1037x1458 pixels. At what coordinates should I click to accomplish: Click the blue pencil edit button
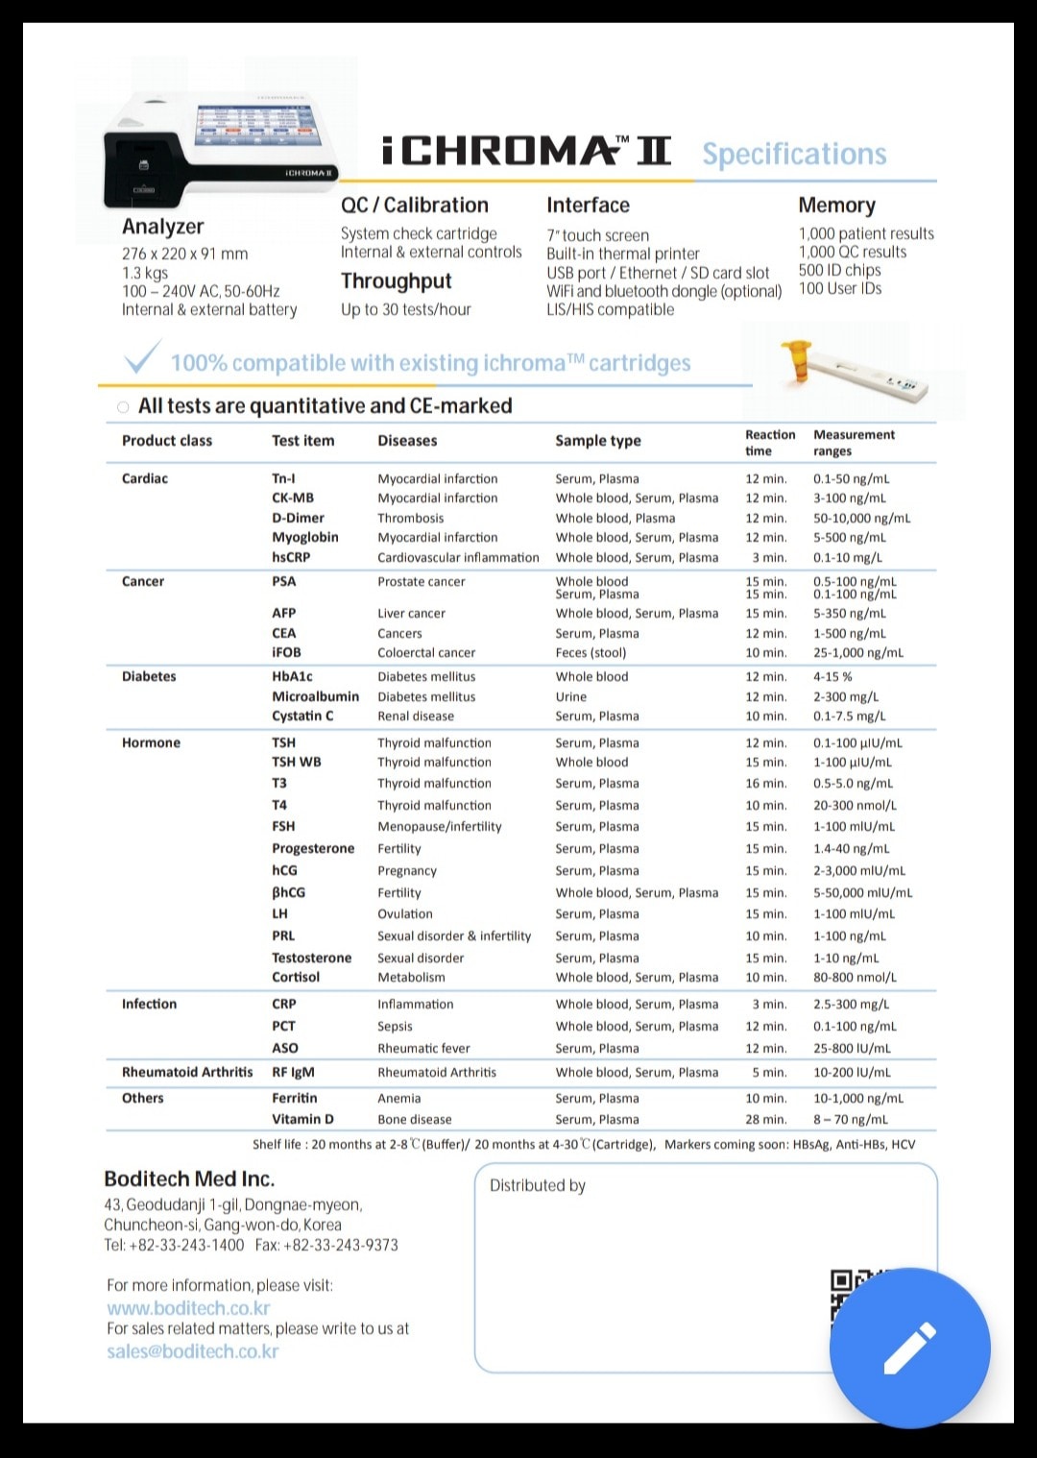pyautogui.click(x=909, y=1348)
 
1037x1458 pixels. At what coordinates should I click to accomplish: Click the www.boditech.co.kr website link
pyautogui.click(x=188, y=1308)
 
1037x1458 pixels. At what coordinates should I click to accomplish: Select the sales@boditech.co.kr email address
pyautogui.click(x=192, y=1351)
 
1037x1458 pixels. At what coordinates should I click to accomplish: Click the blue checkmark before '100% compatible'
pyautogui.click(x=142, y=358)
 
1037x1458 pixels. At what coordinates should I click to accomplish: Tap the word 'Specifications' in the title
pyautogui.click(x=794, y=154)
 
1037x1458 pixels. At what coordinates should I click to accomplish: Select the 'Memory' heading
pyautogui.click(x=836, y=206)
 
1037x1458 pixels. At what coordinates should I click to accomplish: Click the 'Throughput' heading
pyautogui.click(x=396, y=281)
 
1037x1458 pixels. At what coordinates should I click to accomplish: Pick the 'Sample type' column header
pyautogui.click(x=597, y=441)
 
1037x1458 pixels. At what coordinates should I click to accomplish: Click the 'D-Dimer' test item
pyautogui.click(x=298, y=518)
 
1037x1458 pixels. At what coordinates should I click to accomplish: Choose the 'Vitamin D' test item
pyautogui.click(x=302, y=1119)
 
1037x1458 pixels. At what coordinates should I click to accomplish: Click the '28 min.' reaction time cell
pyautogui.click(x=765, y=1119)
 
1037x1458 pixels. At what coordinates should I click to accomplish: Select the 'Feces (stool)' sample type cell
pyautogui.click(x=591, y=653)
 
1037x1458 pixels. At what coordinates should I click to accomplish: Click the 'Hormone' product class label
pyautogui.click(x=151, y=742)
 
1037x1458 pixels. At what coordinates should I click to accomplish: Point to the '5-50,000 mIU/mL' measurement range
pyautogui.click(x=862, y=892)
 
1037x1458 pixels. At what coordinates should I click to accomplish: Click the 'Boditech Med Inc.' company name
pyautogui.click(x=189, y=1179)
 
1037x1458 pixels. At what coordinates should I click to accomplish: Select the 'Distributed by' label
pyautogui.click(x=537, y=1186)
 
